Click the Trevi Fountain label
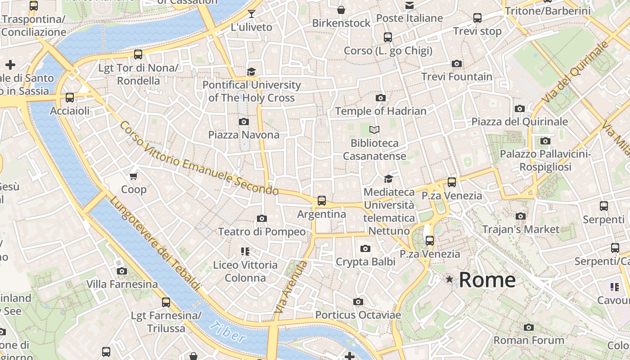457,76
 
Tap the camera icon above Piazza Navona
243,121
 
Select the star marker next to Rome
449,279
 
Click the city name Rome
487,279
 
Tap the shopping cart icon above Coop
133,176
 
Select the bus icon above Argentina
321,201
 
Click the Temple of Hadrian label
381,111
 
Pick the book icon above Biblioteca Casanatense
374,130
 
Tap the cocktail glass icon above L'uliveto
251,14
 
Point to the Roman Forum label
529,340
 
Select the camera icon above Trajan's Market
521,216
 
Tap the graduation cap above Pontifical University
251,72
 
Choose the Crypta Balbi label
365,261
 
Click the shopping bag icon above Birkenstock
341,10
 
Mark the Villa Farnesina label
122,284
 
